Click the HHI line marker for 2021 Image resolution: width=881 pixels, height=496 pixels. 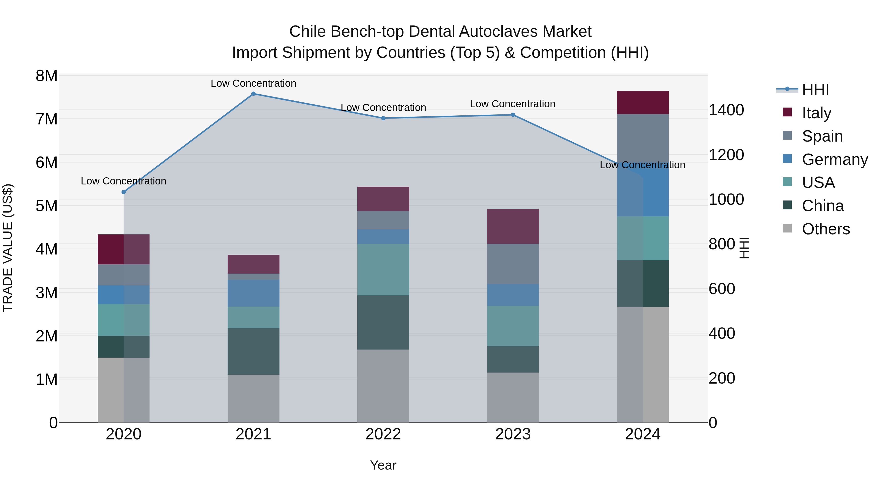pos(254,94)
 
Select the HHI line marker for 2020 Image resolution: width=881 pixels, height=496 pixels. pos(124,192)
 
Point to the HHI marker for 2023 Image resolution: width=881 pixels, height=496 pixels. pos(513,115)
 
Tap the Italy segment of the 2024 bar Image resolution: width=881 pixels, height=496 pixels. pos(643,102)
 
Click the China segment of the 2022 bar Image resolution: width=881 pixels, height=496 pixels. pos(383,322)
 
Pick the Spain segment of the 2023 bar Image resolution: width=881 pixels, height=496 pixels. pos(513,263)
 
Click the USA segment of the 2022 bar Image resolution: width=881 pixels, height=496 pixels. pos(383,269)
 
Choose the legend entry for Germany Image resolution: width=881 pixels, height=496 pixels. pos(835,159)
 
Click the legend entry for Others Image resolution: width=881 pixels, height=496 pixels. pos(826,229)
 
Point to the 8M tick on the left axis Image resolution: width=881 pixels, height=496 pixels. pos(46,76)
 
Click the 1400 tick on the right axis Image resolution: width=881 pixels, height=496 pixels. pos(726,110)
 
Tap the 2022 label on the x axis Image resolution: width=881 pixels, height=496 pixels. pos(383,434)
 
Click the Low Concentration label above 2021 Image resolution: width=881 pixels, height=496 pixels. pos(254,83)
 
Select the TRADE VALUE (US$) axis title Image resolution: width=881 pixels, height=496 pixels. pos(8,248)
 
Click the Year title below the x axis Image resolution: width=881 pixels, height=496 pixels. pos(383,465)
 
